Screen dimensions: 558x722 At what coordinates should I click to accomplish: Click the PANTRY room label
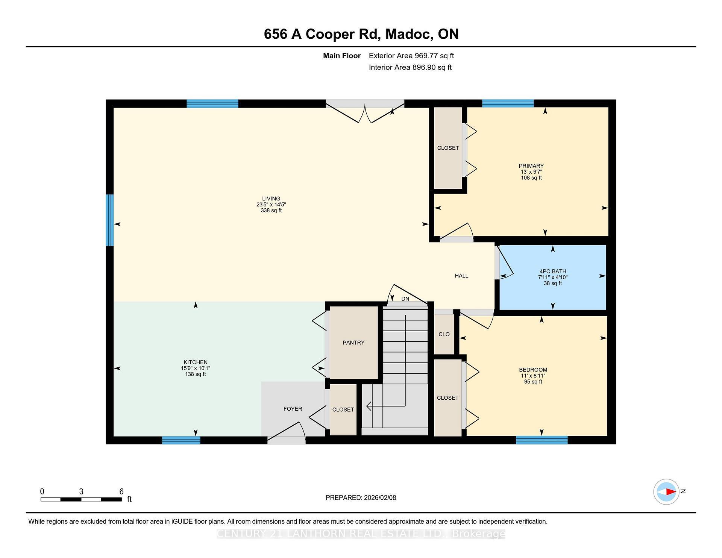tap(353, 343)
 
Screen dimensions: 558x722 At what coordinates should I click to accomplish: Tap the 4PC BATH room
tap(552, 277)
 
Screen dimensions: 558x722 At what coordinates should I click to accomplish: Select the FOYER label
tap(293, 409)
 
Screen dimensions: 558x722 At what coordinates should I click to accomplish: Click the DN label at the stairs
tap(405, 299)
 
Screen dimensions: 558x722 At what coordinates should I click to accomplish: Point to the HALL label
tap(461, 276)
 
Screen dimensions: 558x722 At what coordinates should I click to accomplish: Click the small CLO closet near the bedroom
tap(444, 334)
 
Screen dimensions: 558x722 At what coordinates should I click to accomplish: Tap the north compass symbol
tap(666, 491)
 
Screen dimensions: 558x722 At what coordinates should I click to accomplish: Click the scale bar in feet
tap(81, 499)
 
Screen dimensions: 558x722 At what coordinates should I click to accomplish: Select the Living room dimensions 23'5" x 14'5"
tap(271, 205)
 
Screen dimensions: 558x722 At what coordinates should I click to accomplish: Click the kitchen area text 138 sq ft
tap(196, 374)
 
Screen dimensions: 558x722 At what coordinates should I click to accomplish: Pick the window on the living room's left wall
tap(109, 220)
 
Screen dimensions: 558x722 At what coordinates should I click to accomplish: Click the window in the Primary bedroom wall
tap(508, 103)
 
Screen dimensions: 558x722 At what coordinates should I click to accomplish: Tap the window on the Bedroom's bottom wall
tap(541, 440)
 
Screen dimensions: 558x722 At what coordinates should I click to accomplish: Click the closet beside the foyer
tap(343, 409)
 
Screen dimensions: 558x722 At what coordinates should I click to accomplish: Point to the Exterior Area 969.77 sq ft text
tap(411, 56)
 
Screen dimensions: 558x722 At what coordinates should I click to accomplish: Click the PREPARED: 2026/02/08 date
tap(361, 497)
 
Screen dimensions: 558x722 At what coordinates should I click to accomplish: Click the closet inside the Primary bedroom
tap(448, 148)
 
